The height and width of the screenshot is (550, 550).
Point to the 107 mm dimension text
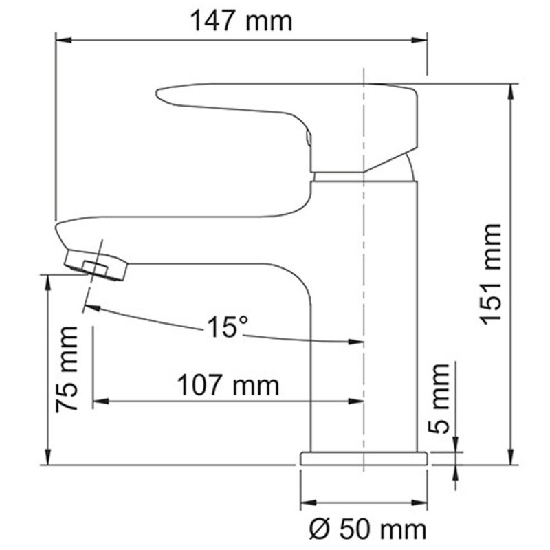coord(228,385)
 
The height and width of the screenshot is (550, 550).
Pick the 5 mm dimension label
coord(441,398)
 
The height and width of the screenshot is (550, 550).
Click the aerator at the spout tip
coord(97,265)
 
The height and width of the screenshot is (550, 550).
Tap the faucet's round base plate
coord(364,459)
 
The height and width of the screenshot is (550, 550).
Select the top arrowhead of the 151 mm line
coord(511,90)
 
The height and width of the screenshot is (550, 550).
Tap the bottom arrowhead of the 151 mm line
coord(511,459)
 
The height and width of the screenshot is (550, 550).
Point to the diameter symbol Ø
coord(320,529)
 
